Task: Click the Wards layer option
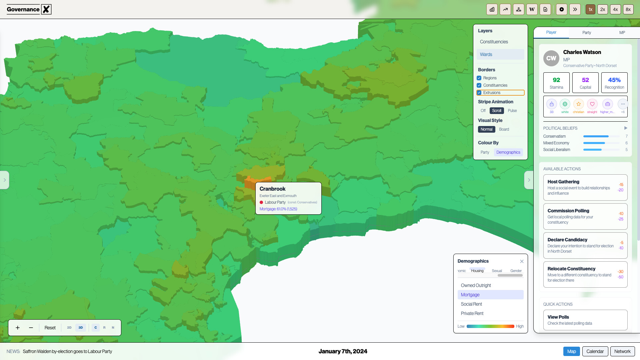click(x=486, y=54)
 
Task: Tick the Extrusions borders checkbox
click(x=479, y=93)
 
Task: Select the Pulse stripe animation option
click(x=512, y=111)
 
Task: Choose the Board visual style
click(x=504, y=129)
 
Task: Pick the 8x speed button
click(x=628, y=9)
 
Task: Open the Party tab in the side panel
click(x=587, y=33)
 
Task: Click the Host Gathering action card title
click(x=563, y=182)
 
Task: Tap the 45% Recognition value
click(x=614, y=80)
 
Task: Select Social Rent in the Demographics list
click(x=471, y=304)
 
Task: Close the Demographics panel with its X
click(x=522, y=261)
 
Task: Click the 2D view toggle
click(x=69, y=328)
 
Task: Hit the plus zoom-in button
click(x=18, y=328)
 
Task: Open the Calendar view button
click(x=595, y=351)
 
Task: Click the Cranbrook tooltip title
click(x=272, y=189)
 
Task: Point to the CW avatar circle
click(x=551, y=58)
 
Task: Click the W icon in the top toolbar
click(x=532, y=9)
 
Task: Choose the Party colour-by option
click(x=485, y=152)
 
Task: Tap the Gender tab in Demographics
click(x=516, y=271)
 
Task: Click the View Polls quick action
click(x=558, y=317)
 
